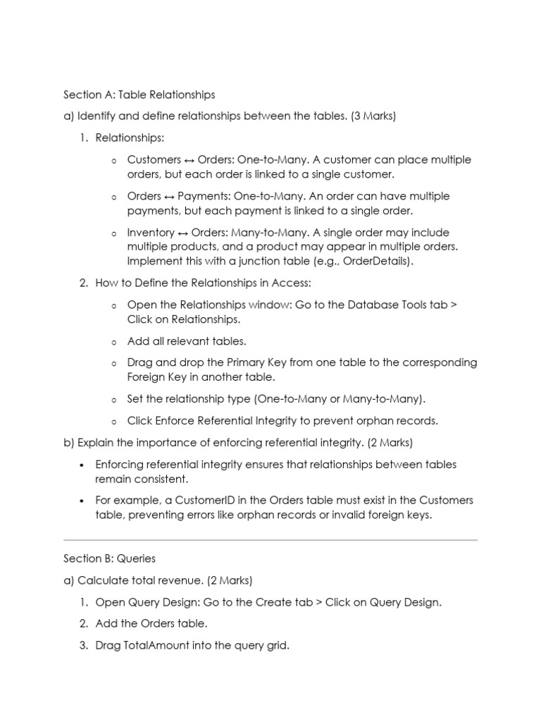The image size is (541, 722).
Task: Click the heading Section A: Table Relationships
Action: point(139,94)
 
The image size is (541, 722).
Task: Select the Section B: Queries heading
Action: point(109,558)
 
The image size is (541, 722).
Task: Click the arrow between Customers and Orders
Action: point(189,160)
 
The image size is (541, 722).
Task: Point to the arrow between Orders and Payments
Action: point(170,197)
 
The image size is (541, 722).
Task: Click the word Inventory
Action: point(150,233)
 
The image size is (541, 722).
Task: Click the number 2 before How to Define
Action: point(83,283)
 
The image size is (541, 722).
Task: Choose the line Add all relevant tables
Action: point(187,341)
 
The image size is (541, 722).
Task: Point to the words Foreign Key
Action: point(158,377)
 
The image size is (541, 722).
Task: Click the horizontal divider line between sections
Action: point(270,540)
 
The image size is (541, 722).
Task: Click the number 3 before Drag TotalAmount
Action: point(82,646)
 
